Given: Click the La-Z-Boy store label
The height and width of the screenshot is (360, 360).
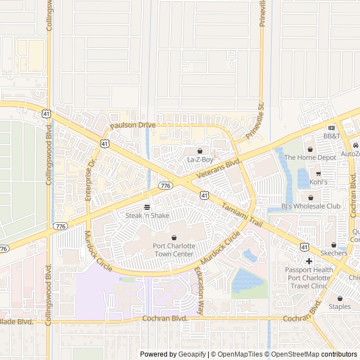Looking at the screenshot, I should pyautogui.click(x=200, y=160).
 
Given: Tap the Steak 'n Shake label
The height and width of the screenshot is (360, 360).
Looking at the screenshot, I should pyautogui.click(x=147, y=215).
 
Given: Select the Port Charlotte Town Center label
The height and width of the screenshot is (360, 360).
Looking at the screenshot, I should pyautogui.click(x=173, y=250).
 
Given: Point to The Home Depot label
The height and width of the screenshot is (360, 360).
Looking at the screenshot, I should pyautogui.click(x=310, y=157).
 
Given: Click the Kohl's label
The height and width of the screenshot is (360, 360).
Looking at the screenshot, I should pyautogui.click(x=318, y=182).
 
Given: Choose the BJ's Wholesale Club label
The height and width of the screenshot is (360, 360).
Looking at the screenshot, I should pyautogui.click(x=310, y=206).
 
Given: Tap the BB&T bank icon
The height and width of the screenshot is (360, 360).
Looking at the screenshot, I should pyautogui.click(x=332, y=128).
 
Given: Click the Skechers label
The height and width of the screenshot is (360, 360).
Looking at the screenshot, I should pyautogui.click(x=334, y=254).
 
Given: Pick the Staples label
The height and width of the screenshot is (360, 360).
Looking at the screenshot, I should pyautogui.click(x=340, y=307).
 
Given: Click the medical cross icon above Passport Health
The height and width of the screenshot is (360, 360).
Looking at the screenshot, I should pyautogui.click(x=309, y=261).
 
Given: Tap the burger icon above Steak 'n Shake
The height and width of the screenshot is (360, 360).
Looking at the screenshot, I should pyautogui.click(x=147, y=207).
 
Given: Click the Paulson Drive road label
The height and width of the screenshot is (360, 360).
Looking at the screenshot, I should pyautogui.click(x=132, y=125).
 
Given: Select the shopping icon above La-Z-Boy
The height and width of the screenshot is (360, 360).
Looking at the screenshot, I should pyautogui.click(x=200, y=151).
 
